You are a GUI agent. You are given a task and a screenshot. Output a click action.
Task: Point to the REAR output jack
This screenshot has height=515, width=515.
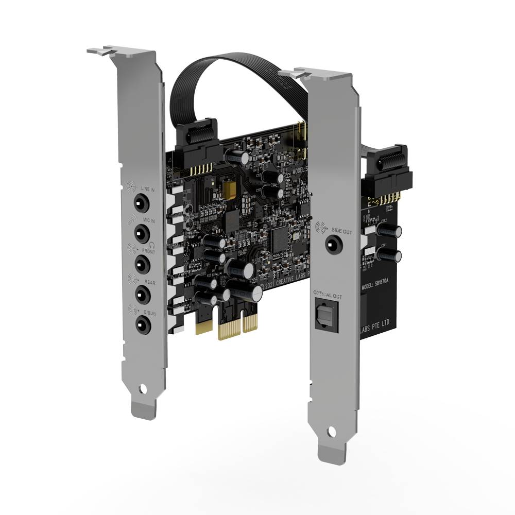coord(141,295)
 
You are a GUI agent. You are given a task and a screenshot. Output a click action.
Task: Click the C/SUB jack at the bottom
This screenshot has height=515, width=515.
coord(141,325)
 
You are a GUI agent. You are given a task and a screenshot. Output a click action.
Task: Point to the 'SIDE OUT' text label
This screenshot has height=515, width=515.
coord(342,232)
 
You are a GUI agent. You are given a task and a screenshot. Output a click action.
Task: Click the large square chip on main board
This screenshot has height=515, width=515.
coord(281,237)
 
